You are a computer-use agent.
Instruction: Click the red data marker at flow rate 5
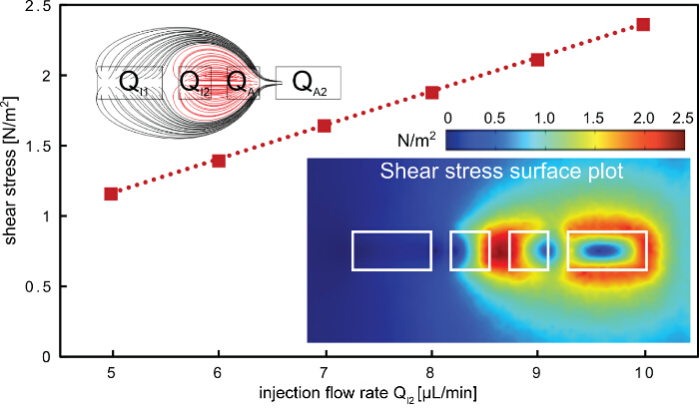[x=111, y=194]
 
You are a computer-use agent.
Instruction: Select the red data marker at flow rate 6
[x=219, y=161]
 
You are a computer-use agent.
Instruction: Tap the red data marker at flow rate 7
[x=325, y=126]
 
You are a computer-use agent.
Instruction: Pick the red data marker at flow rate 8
[x=431, y=93]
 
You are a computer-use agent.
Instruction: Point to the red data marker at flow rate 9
[x=538, y=60]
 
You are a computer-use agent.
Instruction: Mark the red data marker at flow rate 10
[x=644, y=24]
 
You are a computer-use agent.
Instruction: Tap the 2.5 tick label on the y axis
[x=32, y=6]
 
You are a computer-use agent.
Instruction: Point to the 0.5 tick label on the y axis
[x=32, y=286]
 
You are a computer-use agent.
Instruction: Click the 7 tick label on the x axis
[x=325, y=371]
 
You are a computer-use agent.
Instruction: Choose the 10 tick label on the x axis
[x=644, y=371]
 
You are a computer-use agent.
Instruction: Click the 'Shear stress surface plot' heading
[x=502, y=172]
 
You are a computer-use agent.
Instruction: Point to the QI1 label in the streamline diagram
[x=133, y=83]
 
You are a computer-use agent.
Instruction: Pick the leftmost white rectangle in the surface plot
[x=391, y=250]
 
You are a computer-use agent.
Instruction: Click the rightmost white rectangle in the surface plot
[x=607, y=250]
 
